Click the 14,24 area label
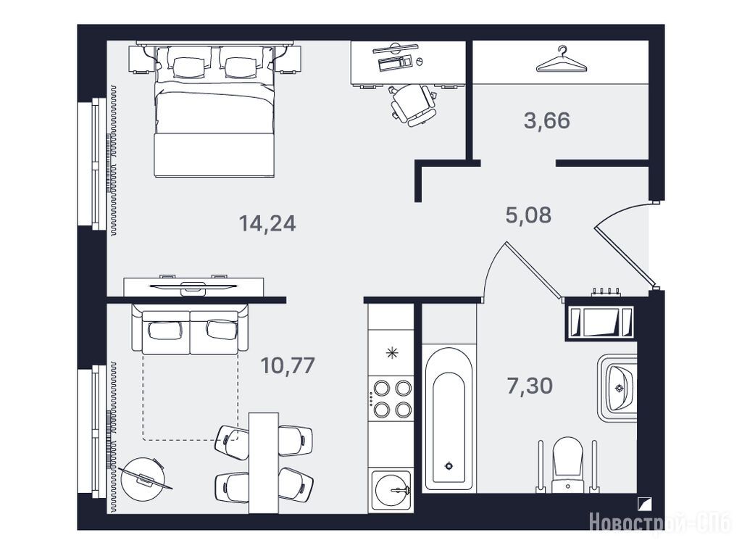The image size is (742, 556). (267, 223)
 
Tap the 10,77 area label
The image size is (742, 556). (288, 365)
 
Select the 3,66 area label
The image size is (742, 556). (546, 121)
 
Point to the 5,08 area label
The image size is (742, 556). (528, 215)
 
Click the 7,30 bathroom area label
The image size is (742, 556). (530, 386)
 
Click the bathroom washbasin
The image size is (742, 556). (617, 388)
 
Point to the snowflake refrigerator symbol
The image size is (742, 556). (392, 353)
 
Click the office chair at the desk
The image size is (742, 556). (412, 105)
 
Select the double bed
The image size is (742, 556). (214, 110)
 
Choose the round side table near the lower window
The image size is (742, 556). (143, 479)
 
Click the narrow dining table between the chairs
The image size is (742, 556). (264, 462)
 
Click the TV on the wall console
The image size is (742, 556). (193, 286)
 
